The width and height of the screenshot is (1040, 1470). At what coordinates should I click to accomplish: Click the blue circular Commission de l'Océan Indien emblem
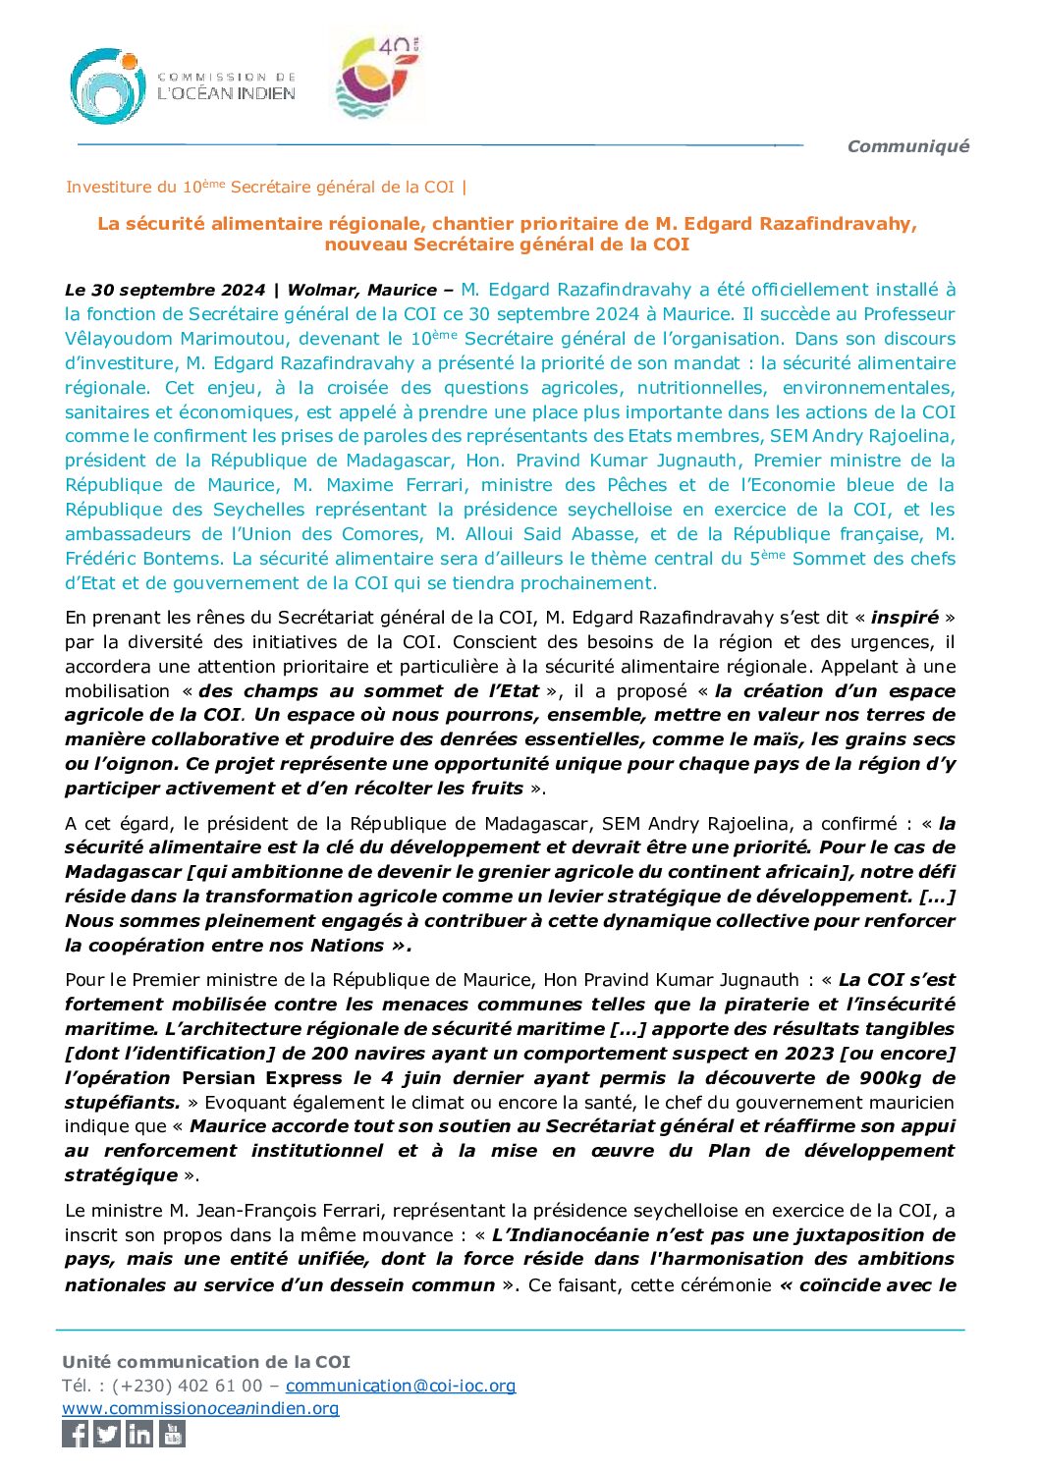tap(108, 86)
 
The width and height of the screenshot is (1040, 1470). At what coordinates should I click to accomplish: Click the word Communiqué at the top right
tap(907, 146)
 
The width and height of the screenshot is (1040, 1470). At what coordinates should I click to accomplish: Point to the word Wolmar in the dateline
tap(320, 290)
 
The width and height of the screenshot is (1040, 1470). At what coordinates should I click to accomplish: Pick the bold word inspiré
tap(904, 618)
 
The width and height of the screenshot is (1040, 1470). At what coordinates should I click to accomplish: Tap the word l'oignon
tap(124, 764)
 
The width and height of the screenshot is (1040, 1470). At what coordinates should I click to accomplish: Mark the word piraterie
tap(768, 1005)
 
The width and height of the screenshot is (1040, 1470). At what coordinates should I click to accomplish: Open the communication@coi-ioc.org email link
tap(401, 1386)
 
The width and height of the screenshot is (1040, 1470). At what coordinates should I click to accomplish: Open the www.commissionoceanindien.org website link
tap(200, 1408)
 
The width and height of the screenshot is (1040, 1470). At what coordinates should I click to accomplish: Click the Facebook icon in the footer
tap(76, 1434)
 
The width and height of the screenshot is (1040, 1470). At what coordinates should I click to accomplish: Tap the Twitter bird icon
tap(108, 1434)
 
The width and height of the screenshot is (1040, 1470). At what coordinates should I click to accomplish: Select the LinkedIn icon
tap(139, 1434)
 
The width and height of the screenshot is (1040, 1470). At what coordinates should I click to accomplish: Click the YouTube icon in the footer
tap(172, 1434)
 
